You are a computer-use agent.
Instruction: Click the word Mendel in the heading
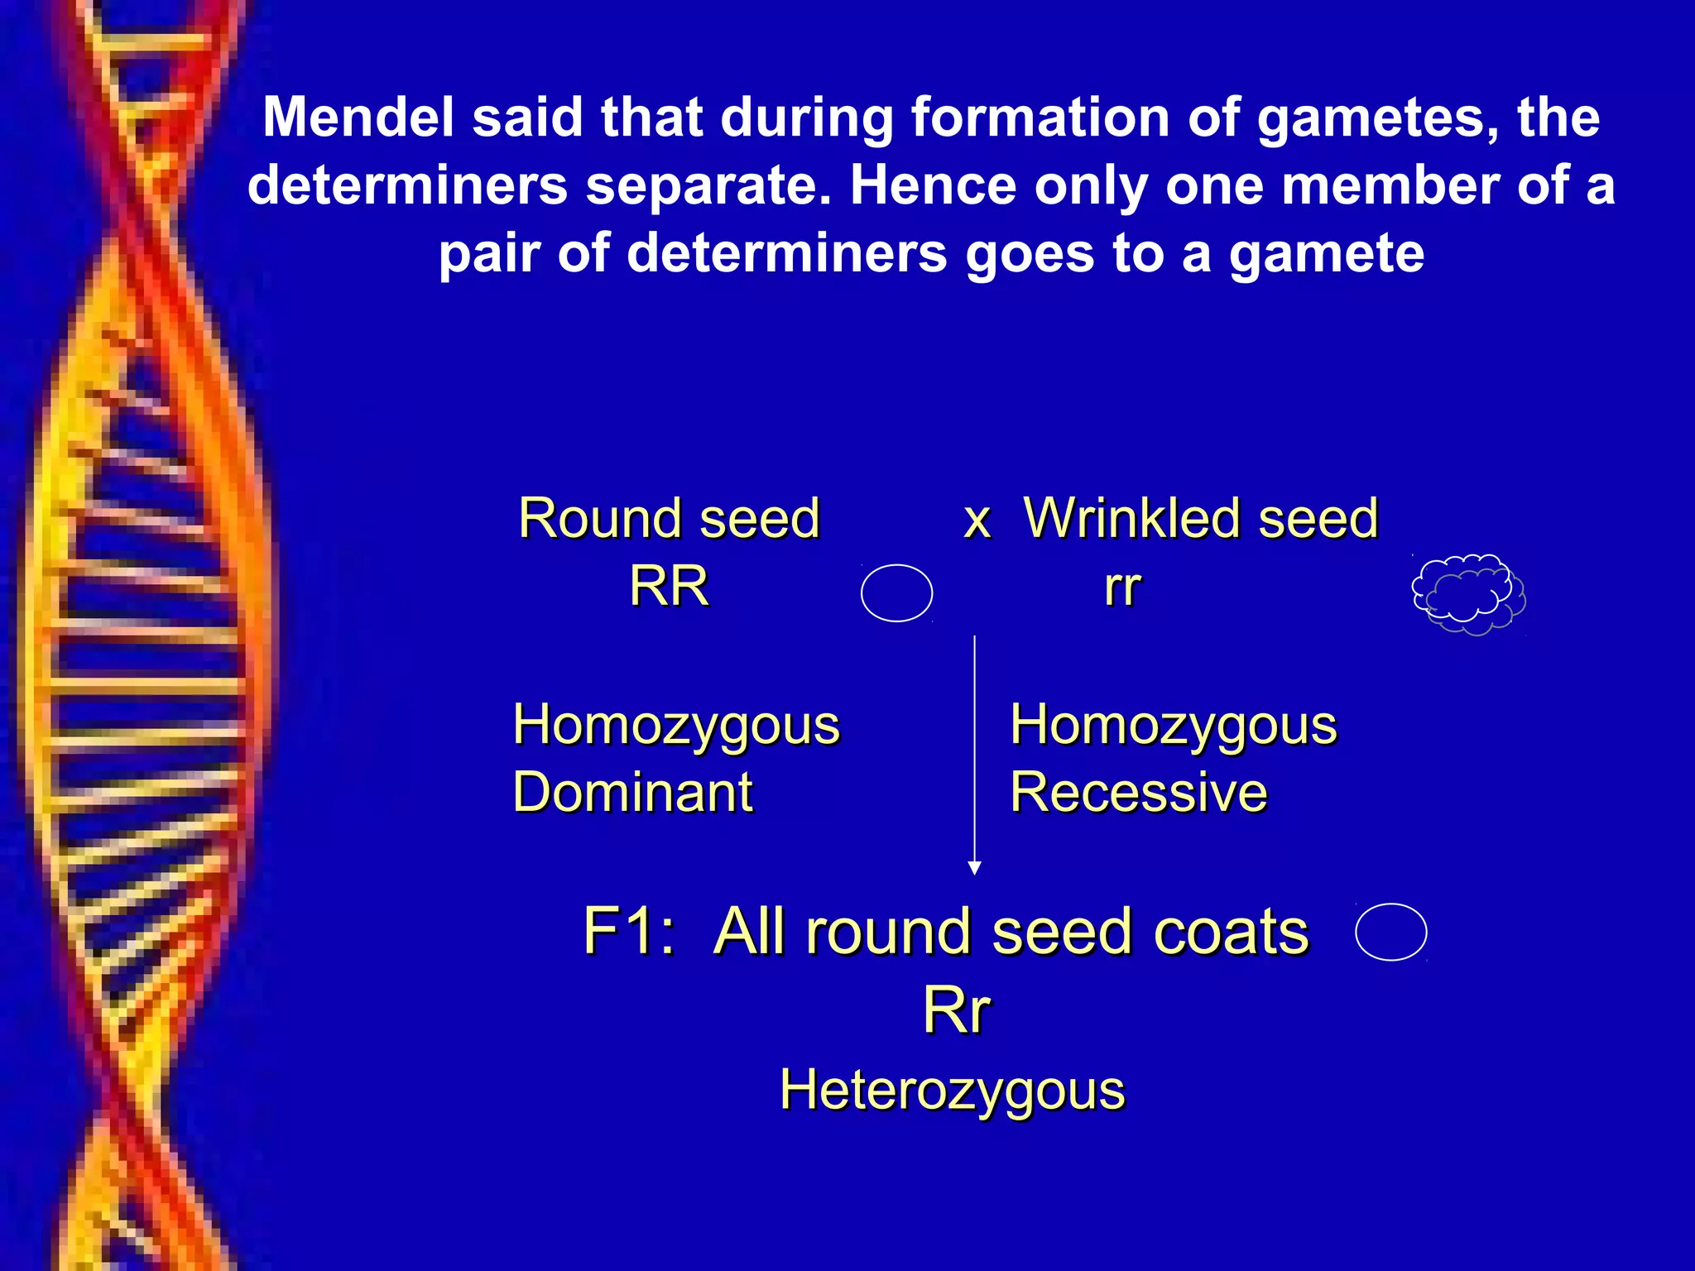(x=358, y=118)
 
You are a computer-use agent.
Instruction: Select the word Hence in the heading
(x=933, y=185)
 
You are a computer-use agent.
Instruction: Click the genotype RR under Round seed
(x=669, y=587)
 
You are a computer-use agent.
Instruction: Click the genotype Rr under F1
(x=956, y=1010)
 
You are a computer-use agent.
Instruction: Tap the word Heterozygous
(x=952, y=1090)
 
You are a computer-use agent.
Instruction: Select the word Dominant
(x=632, y=792)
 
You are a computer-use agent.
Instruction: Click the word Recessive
(x=1138, y=792)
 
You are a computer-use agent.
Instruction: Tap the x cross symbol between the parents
(x=977, y=521)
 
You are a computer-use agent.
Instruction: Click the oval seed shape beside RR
(x=896, y=592)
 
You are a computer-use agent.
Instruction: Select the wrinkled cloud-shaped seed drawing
(x=1468, y=593)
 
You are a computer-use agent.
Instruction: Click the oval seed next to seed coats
(x=1390, y=932)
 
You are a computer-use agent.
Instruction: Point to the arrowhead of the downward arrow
(x=975, y=867)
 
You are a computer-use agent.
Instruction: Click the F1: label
(x=629, y=932)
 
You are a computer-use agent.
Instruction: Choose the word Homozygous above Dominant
(x=675, y=725)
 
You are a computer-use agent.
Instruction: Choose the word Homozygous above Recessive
(x=1173, y=725)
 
